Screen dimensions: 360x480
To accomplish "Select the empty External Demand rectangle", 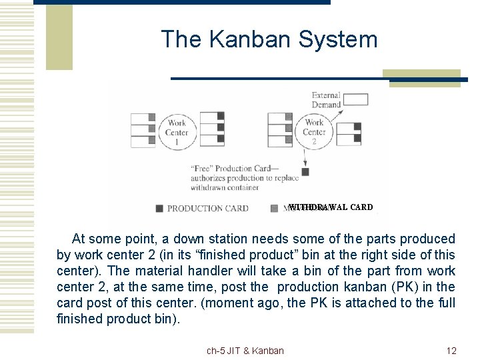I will (355, 100).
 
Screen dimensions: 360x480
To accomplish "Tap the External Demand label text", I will (326, 100).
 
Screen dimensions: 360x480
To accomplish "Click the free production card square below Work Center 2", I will (305, 171).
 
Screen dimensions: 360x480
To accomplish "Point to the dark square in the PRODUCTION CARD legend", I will (159, 208).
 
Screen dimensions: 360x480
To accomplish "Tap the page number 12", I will (451, 351).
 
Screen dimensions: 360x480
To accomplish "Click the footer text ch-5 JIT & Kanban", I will (245, 351).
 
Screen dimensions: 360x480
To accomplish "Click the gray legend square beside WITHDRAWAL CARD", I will (275, 208).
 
